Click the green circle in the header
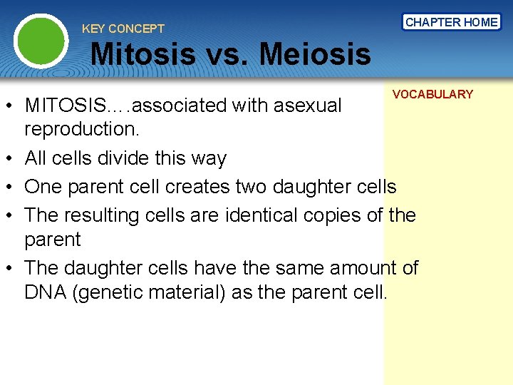pyautogui.click(x=41, y=41)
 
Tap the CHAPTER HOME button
pyautogui.click(x=451, y=22)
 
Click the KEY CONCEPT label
pyautogui.click(x=123, y=29)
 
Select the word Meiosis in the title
pyautogui.click(x=315, y=53)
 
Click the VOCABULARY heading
pyautogui.click(x=432, y=94)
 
